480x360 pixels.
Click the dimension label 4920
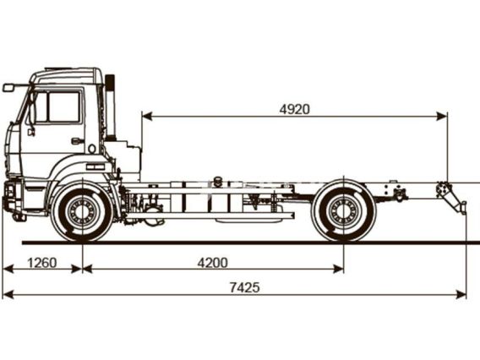(294, 109)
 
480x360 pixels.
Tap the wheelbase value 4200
(212, 263)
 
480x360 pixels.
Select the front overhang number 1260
(42, 263)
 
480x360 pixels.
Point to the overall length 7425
(244, 287)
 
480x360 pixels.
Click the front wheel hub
(82, 211)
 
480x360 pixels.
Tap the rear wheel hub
(343, 211)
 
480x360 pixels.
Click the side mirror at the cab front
(8, 88)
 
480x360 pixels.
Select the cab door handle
(77, 141)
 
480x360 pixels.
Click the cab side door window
(63, 106)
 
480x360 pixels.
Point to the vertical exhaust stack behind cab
(110, 107)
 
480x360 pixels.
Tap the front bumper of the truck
(12, 197)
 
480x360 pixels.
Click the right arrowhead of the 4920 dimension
(442, 117)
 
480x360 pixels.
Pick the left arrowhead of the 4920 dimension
(147, 117)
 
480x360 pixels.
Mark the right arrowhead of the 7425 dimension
(461, 294)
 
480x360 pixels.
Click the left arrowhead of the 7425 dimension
(8, 294)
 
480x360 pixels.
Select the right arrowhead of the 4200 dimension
(338, 269)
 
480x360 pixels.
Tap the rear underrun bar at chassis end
(452, 198)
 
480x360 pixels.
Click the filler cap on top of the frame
(218, 181)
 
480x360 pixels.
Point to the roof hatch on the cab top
(58, 69)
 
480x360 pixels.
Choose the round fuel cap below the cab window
(92, 149)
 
